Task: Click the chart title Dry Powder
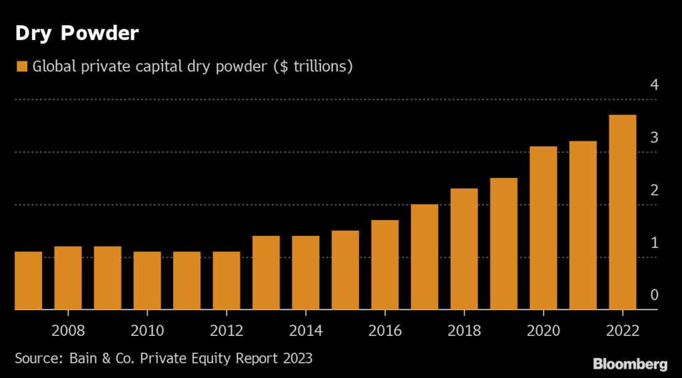coord(77,34)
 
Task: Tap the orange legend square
coord(21,67)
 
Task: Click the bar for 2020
coord(543,228)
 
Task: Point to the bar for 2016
coord(384,265)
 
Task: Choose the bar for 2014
coord(305,273)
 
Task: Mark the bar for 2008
coord(67,278)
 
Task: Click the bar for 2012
coord(226,281)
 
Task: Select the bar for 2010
coord(147,281)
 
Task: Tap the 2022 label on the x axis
coord(622,331)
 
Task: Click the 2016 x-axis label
coord(384,331)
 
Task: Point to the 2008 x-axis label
coord(67,331)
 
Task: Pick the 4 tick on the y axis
coord(654,85)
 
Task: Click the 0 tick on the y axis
coord(654,295)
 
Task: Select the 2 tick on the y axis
coord(654,191)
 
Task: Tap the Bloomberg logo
coord(629,363)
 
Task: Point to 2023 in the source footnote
coord(296,358)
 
